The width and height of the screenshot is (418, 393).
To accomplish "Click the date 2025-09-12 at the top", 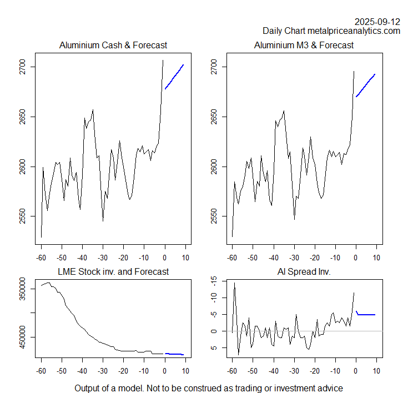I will click(377, 22).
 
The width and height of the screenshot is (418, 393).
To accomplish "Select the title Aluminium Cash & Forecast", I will click(113, 45).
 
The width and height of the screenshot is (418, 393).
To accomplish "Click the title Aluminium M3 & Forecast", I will click(304, 45).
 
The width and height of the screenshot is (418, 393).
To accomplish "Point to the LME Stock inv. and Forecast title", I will click(113, 271).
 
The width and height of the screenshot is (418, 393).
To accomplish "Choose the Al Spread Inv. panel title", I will click(304, 271).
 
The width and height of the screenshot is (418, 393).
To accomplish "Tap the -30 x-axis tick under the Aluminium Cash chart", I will click(103, 258).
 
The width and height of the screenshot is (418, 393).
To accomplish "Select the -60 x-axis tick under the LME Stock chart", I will click(41, 370).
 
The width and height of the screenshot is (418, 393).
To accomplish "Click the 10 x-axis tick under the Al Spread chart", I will click(376, 370).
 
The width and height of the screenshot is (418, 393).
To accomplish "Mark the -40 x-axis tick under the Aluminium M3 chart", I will click(273, 258).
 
